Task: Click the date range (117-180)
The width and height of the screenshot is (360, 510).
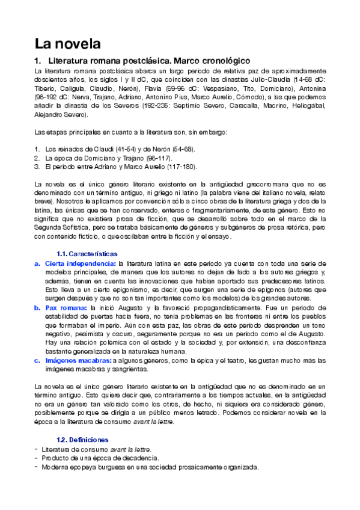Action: pyautogui.click(x=178, y=167)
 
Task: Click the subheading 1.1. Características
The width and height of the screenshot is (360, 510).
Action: pyautogui.click(x=87, y=254)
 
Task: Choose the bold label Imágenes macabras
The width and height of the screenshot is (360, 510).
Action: pyautogui.click(x=77, y=360)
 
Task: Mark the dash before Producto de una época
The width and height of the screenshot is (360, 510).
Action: pyautogui.click(x=37, y=458)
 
